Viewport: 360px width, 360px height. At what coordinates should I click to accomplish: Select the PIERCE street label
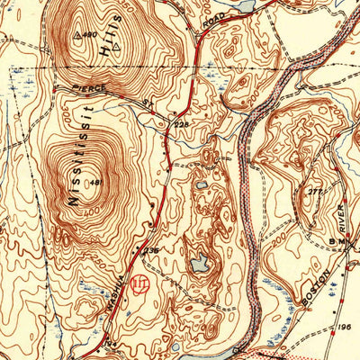click(x=92, y=90)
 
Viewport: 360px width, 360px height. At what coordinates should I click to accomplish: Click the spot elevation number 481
click(x=96, y=184)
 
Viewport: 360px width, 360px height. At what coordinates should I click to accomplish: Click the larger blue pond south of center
click(x=200, y=264)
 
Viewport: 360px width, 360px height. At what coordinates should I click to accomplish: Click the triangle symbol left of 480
click(x=77, y=36)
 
